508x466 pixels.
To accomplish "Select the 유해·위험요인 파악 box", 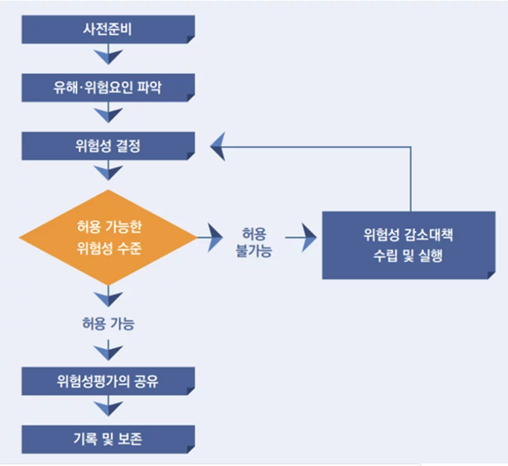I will (107, 86).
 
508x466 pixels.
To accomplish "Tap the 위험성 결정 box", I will (107, 146).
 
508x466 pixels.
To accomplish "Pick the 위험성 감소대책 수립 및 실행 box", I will (408, 244).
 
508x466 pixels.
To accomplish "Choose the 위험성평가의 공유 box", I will (107, 382).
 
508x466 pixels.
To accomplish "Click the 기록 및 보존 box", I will (107, 439).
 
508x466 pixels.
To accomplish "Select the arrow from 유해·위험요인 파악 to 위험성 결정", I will (107, 114).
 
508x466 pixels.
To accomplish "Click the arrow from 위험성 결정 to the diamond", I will (107, 173).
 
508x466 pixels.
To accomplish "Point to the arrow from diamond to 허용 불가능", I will (207, 233).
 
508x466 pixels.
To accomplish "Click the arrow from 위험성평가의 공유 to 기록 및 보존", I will (107, 409).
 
